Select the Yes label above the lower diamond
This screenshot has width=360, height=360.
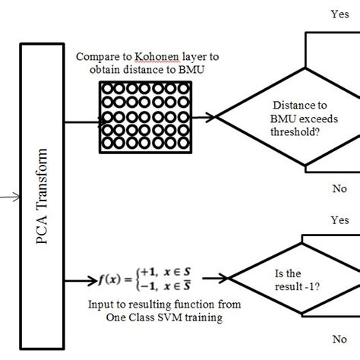(339, 219)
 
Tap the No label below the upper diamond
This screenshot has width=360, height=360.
(339, 188)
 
